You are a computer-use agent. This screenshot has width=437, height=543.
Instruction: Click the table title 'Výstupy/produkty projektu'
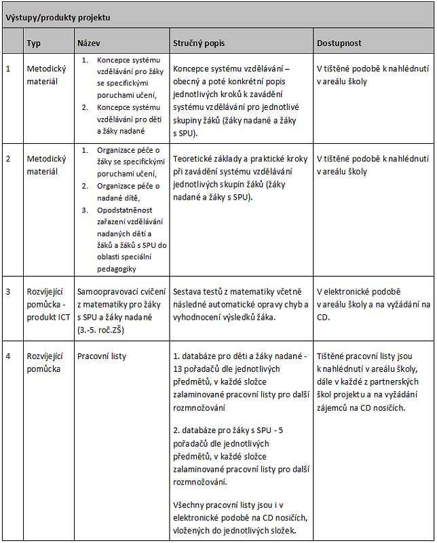[58, 18]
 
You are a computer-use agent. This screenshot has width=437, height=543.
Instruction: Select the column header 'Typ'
[34, 43]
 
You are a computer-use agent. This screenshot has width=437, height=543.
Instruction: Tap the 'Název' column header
[89, 43]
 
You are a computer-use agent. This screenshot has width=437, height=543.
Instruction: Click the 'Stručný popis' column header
[199, 43]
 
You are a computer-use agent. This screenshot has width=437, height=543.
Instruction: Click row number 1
[8, 69]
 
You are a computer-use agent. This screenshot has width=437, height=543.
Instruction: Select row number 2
[8, 158]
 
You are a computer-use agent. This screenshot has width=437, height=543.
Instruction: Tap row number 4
[8, 356]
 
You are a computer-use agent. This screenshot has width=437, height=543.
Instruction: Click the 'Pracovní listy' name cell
[102, 356]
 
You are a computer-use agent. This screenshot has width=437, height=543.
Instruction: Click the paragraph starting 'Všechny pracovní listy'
[241, 518]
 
